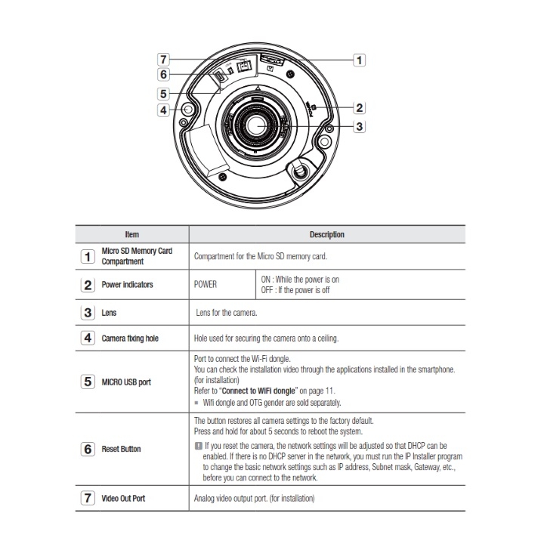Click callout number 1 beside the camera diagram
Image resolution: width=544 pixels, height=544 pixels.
[360, 59]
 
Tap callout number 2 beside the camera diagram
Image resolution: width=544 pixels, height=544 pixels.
[360, 108]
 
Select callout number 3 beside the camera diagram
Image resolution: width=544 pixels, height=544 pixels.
[360, 126]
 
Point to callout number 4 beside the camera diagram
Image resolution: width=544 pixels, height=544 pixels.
[162, 110]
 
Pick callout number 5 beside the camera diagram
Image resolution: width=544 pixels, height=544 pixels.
[162, 94]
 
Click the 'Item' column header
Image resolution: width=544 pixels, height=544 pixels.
[131, 235]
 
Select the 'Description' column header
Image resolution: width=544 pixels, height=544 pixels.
[326, 235]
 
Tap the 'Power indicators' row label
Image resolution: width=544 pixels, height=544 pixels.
[127, 285]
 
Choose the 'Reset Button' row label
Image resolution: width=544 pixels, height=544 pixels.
[121, 449]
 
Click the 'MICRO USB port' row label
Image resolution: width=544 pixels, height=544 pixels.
[126, 382]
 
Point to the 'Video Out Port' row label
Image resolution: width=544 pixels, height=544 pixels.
[124, 499]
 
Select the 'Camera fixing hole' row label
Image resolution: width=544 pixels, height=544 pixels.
[130, 338]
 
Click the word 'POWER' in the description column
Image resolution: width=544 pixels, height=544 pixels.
[206, 285]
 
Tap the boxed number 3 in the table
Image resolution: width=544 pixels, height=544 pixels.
[88, 311]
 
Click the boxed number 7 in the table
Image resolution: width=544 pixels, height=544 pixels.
[88, 499]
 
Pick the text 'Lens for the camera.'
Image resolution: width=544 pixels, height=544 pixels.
[226, 311]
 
